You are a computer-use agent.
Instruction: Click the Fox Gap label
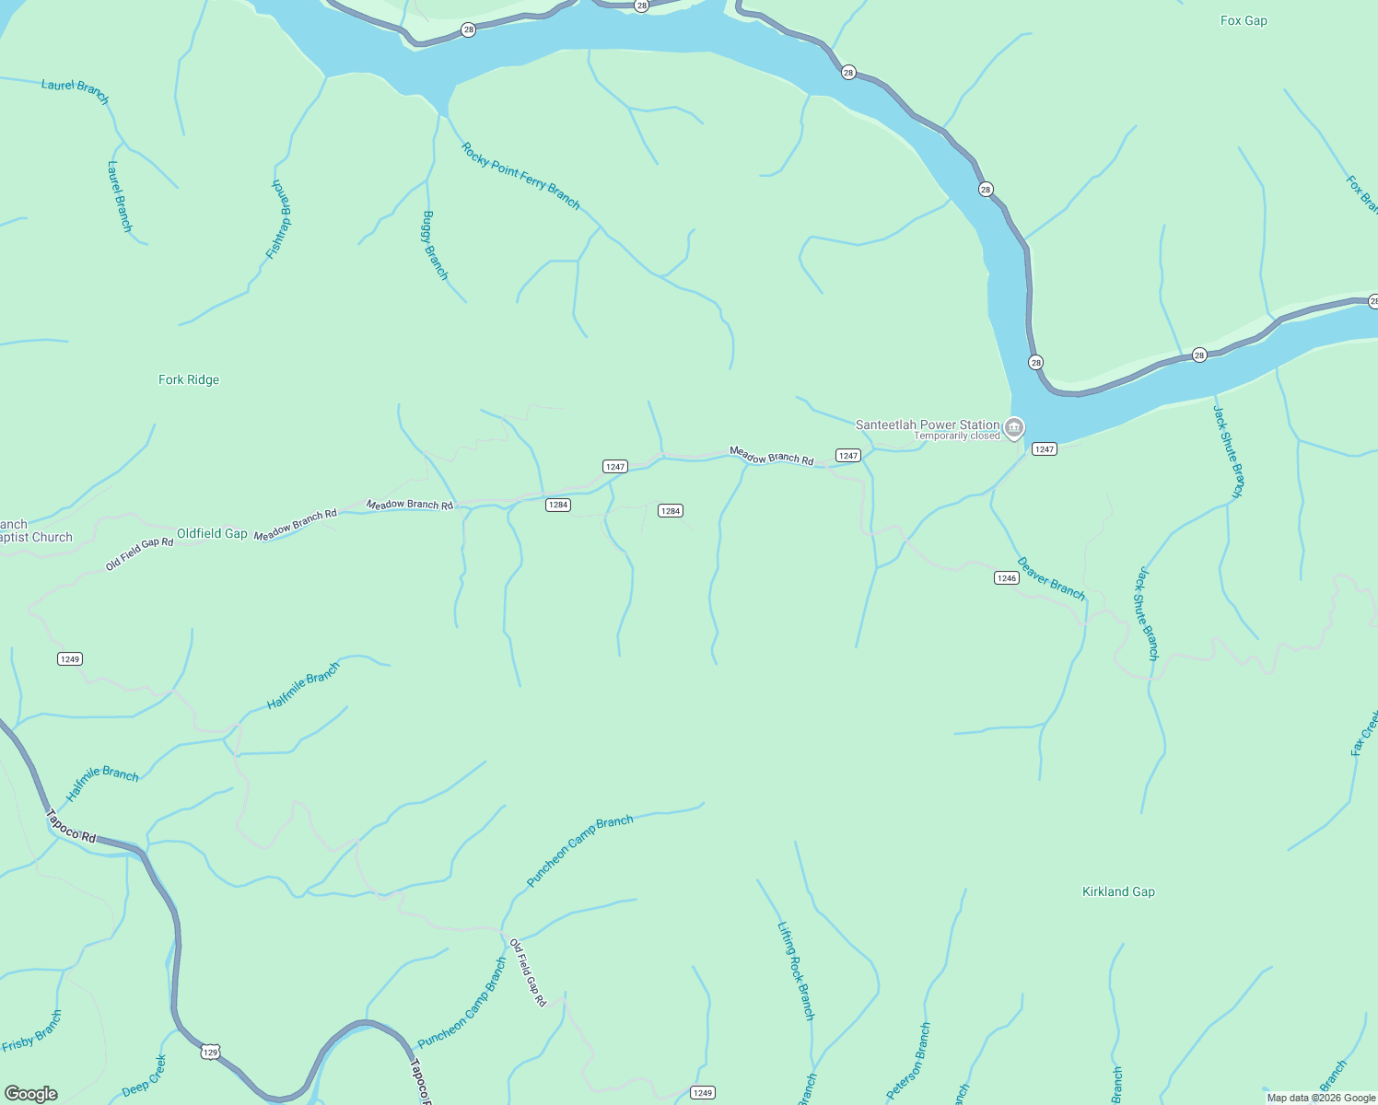click(1244, 20)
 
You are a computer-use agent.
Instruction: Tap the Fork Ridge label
click(189, 379)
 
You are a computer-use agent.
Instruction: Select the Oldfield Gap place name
click(212, 533)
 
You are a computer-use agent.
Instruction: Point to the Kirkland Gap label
click(1118, 891)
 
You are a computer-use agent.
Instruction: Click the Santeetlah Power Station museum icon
click(1014, 427)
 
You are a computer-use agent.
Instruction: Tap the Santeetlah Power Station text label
click(927, 425)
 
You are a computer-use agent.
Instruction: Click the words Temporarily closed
click(956, 436)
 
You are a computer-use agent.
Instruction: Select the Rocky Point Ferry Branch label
click(520, 175)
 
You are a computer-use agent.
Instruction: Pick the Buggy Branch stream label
click(435, 245)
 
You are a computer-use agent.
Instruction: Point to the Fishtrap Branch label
click(280, 218)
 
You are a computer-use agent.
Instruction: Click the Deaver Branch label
click(1051, 578)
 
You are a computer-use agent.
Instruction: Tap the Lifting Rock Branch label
click(796, 971)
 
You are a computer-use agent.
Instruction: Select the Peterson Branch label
click(909, 1060)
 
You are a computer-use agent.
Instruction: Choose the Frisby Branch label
click(32, 1030)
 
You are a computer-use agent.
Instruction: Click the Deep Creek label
click(145, 1076)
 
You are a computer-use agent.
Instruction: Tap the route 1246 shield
click(1006, 578)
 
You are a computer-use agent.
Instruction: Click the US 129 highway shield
click(211, 1052)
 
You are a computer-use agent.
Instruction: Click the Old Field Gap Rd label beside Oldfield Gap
click(139, 554)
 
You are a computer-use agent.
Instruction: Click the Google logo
click(30, 1094)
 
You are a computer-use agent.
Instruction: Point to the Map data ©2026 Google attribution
click(1321, 1098)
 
